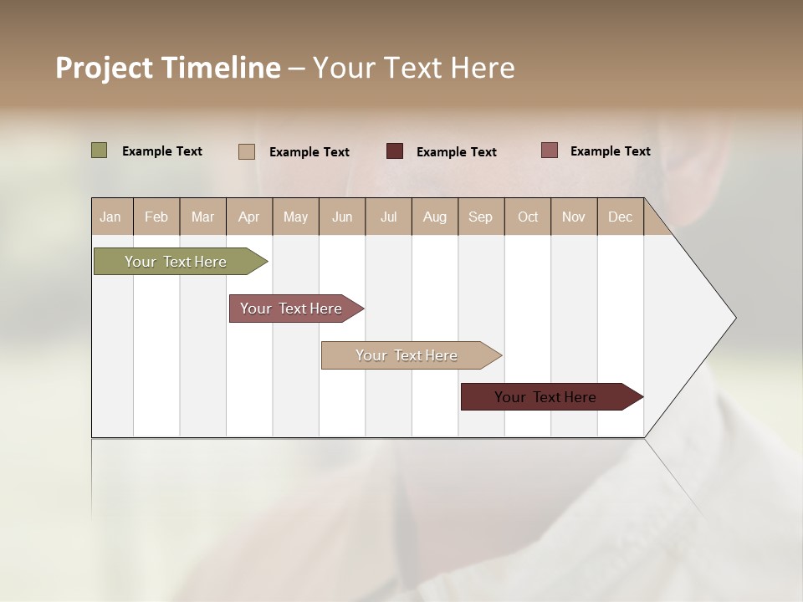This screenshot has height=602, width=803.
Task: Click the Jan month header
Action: click(x=111, y=217)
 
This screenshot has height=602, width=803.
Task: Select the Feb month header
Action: click(x=156, y=217)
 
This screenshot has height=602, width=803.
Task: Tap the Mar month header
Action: click(x=202, y=217)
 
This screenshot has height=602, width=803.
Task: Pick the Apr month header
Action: click(x=249, y=217)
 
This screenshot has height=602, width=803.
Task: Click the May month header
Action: click(x=295, y=217)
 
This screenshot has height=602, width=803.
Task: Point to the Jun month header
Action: click(x=342, y=217)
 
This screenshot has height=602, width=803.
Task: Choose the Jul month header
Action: click(x=388, y=217)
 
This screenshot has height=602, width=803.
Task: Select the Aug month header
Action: click(x=435, y=217)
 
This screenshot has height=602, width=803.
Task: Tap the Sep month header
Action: click(x=481, y=217)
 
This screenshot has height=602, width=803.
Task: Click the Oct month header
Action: click(x=528, y=217)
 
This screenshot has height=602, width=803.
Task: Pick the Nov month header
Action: click(x=574, y=217)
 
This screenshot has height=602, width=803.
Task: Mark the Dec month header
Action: click(x=621, y=217)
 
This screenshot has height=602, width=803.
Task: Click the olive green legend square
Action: click(x=100, y=150)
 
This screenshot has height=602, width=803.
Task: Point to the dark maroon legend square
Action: click(x=395, y=151)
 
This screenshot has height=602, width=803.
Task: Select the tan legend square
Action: click(x=247, y=151)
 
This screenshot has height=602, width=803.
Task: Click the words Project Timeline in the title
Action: click(x=168, y=68)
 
